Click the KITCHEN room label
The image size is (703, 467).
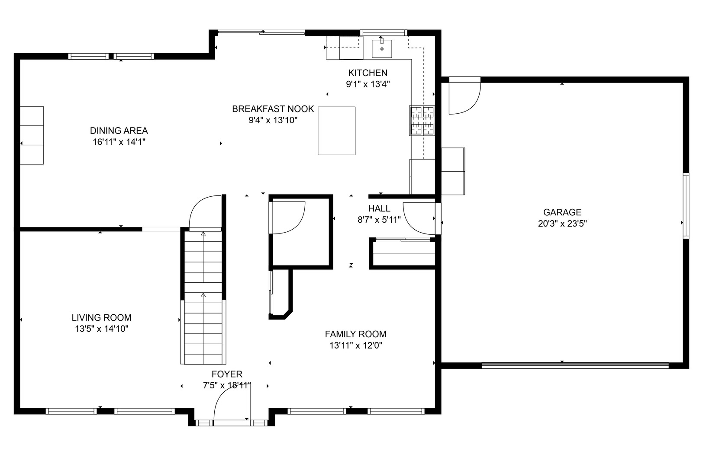click(x=368, y=73)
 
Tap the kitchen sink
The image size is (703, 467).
click(x=382, y=48)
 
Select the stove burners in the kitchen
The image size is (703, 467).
click(x=422, y=121)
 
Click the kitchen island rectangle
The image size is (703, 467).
click(x=336, y=131)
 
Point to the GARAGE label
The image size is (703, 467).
click(x=562, y=212)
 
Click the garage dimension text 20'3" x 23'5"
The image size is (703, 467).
click(x=562, y=224)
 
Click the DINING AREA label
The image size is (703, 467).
click(x=119, y=131)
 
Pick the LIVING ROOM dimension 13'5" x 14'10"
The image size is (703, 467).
click(x=102, y=329)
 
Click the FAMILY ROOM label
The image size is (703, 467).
click(x=355, y=334)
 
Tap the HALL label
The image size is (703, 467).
click(x=379, y=208)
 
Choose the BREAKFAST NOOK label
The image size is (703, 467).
click(x=273, y=109)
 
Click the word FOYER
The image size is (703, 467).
click(x=227, y=374)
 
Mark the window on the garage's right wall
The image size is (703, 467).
click(x=686, y=205)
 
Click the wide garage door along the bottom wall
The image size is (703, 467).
click(x=575, y=365)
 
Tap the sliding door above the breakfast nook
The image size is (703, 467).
click(x=261, y=32)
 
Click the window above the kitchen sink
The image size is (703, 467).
click(x=383, y=32)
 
